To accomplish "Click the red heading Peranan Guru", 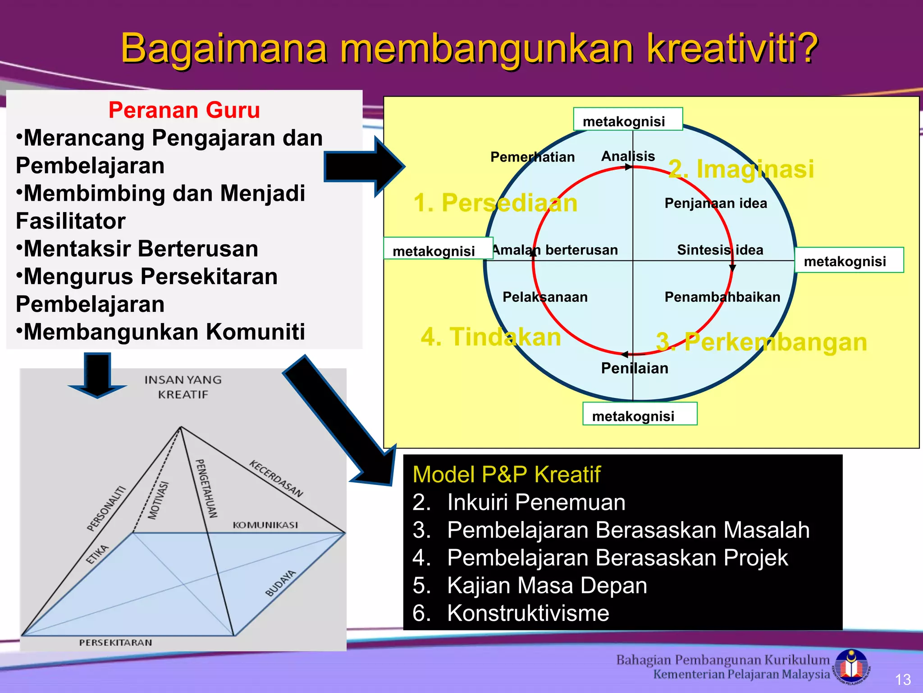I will coord(184,110).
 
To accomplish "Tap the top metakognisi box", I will coord(627,120).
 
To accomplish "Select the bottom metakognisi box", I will coord(639,415).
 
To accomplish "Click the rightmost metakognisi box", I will coord(848,260).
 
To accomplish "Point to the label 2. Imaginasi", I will coord(741,169).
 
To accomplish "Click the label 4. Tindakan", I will coord(490,337).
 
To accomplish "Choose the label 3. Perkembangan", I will coord(761,342).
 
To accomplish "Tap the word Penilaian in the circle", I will coord(634,368).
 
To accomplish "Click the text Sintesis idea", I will coord(720,250).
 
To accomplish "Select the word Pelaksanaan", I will coord(545,297).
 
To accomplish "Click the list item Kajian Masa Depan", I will coord(547,585).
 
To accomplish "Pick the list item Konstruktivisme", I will coord(528,613).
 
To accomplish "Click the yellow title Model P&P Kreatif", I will coord(506,475).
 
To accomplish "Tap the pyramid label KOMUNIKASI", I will coord(265,525).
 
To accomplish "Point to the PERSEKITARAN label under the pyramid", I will coord(115,642).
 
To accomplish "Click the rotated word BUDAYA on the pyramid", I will coord(280,583).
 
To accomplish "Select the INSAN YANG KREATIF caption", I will coord(183,387).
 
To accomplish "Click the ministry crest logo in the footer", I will coord(851,666).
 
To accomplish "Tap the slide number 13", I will coord(902,679).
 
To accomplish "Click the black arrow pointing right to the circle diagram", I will coord(363,166).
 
